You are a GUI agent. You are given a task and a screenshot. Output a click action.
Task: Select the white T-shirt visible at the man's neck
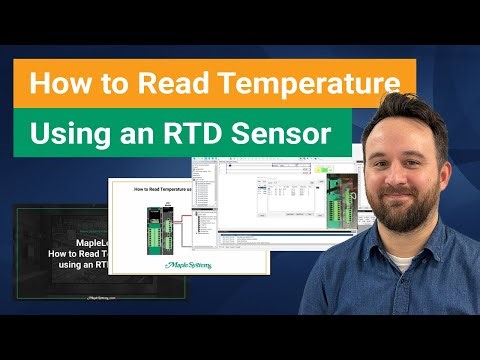tap(400, 262)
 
